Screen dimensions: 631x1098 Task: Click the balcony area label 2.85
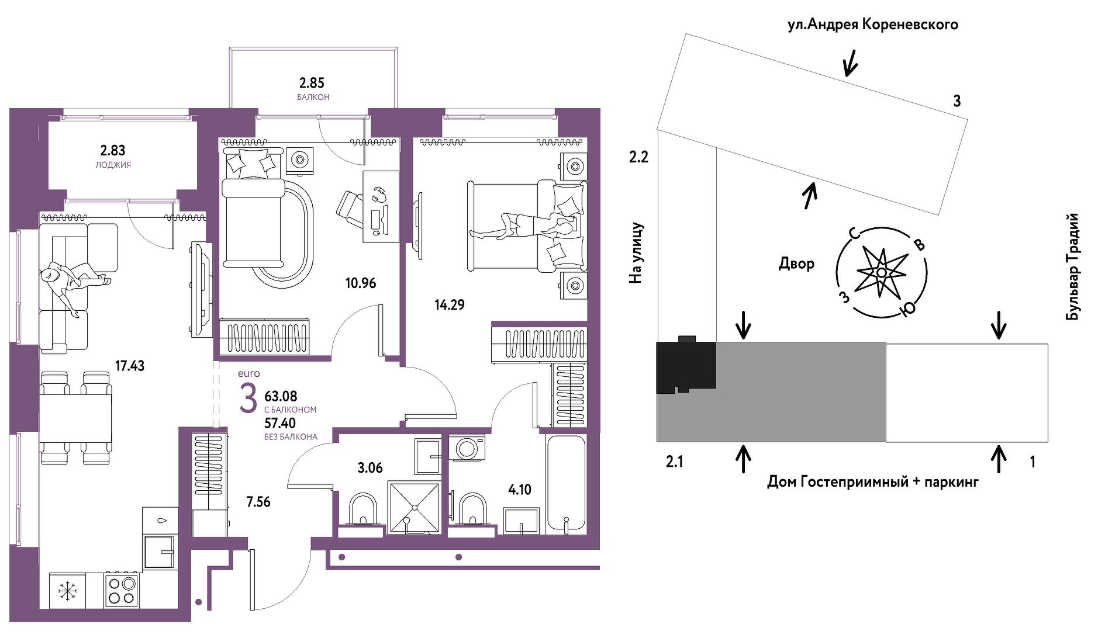click(312, 84)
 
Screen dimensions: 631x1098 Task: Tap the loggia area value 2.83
click(113, 151)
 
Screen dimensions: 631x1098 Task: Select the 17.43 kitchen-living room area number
click(129, 366)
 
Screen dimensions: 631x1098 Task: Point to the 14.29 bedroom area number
click(449, 305)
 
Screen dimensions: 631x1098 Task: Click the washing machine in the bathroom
click(467, 448)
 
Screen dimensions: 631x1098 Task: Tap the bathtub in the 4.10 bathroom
click(565, 483)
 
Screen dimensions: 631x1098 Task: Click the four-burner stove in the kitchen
click(122, 590)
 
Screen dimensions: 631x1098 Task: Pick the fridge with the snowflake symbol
click(67, 591)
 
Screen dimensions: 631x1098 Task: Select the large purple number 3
click(248, 398)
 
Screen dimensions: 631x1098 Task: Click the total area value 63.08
click(281, 397)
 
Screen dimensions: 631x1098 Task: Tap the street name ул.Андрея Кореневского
click(872, 25)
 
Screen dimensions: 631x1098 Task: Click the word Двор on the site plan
click(796, 264)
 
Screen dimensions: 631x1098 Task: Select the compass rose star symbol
click(881, 272)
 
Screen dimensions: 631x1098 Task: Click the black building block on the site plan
click(686, 366)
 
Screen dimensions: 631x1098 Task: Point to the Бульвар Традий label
click(1072, 266)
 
